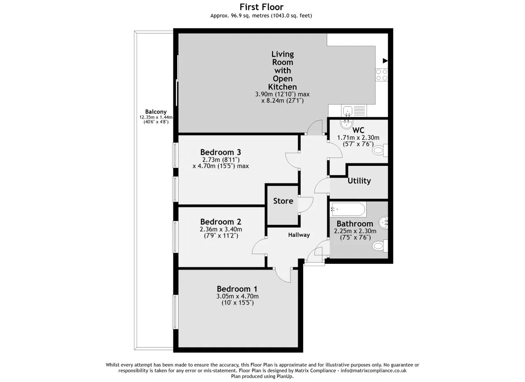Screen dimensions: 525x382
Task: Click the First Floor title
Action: (x=261, y=7)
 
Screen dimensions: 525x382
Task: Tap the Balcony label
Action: (x=156, y=112)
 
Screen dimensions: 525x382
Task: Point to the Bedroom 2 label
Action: (x=220, y=221)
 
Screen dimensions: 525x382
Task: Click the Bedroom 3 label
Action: (x=220, y=152)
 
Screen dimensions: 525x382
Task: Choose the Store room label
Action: (x=283, y=201)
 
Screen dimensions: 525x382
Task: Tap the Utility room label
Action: (x=359, y=181)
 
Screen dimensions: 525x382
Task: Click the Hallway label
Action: (x=299, y=235)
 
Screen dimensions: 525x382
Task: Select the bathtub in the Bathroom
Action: (x=348, y=209)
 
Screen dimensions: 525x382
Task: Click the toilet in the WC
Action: (x=380, y=150)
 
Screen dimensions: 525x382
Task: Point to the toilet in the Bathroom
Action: (x=380, y=246)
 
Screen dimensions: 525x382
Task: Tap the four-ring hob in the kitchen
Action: (x=381, y=75)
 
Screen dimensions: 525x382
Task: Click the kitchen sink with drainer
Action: (x=354, y=110)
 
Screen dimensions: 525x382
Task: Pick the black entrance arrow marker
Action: (x=385, y=61)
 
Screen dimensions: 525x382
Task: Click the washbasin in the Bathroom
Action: (x=383, y=222)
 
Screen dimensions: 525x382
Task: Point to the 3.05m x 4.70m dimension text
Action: (x=238, y=296)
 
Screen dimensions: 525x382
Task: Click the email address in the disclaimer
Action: (x=374, y=371)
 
